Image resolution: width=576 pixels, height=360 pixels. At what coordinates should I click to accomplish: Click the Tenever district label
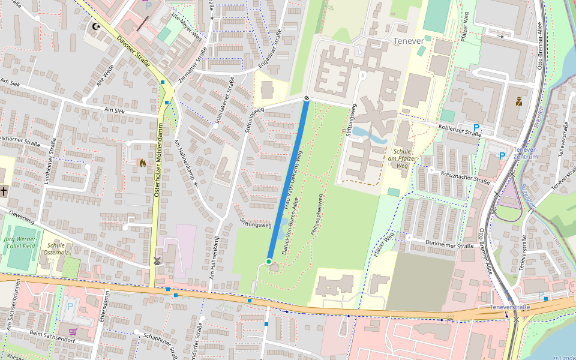click(x=408, y=41)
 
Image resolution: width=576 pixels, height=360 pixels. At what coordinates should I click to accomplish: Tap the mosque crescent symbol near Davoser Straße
click(x=95, y=26)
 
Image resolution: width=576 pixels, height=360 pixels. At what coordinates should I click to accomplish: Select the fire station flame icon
click(x=142, y=162)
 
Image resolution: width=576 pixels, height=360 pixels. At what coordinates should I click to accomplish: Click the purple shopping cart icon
click(x=73, y=331)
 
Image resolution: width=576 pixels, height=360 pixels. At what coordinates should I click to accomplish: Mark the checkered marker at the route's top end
click(x=306, y=98)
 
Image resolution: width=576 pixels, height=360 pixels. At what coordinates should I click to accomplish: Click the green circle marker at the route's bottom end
click(x=269, y=261)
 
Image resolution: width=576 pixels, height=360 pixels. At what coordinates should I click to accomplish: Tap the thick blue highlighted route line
click(x=288, y=180)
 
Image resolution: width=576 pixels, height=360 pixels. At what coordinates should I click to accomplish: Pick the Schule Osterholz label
click(x=56, y=249)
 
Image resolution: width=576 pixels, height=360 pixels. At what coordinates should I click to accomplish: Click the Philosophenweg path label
click(x=317, y=212)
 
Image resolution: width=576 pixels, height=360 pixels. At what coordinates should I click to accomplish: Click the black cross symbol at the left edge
click(x=4, y=191)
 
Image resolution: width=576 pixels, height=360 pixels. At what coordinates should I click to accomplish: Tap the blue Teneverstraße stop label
click(x=510, y=307)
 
